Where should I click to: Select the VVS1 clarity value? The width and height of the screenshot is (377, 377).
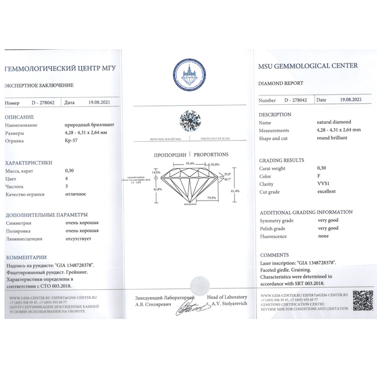pyautogui.click(x=323, y=184)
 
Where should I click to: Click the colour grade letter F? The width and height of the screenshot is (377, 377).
pyautogui.click(x=318, y=176)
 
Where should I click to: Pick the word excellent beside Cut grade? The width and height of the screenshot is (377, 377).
pyautogui.click(x=327, y=191)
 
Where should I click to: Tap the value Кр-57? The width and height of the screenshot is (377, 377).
pyautogui.click(x=71, y=141)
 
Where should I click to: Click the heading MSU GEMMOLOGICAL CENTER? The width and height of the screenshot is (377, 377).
pyautogui.click(x=308, y=66)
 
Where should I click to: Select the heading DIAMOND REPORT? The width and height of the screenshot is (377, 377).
pyautogui.click(x=281, y=83)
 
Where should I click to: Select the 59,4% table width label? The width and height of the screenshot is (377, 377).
pyautogui.click(x=190, y=164)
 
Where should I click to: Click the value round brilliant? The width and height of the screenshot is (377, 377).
pyautogui.click(x=332, y=138)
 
